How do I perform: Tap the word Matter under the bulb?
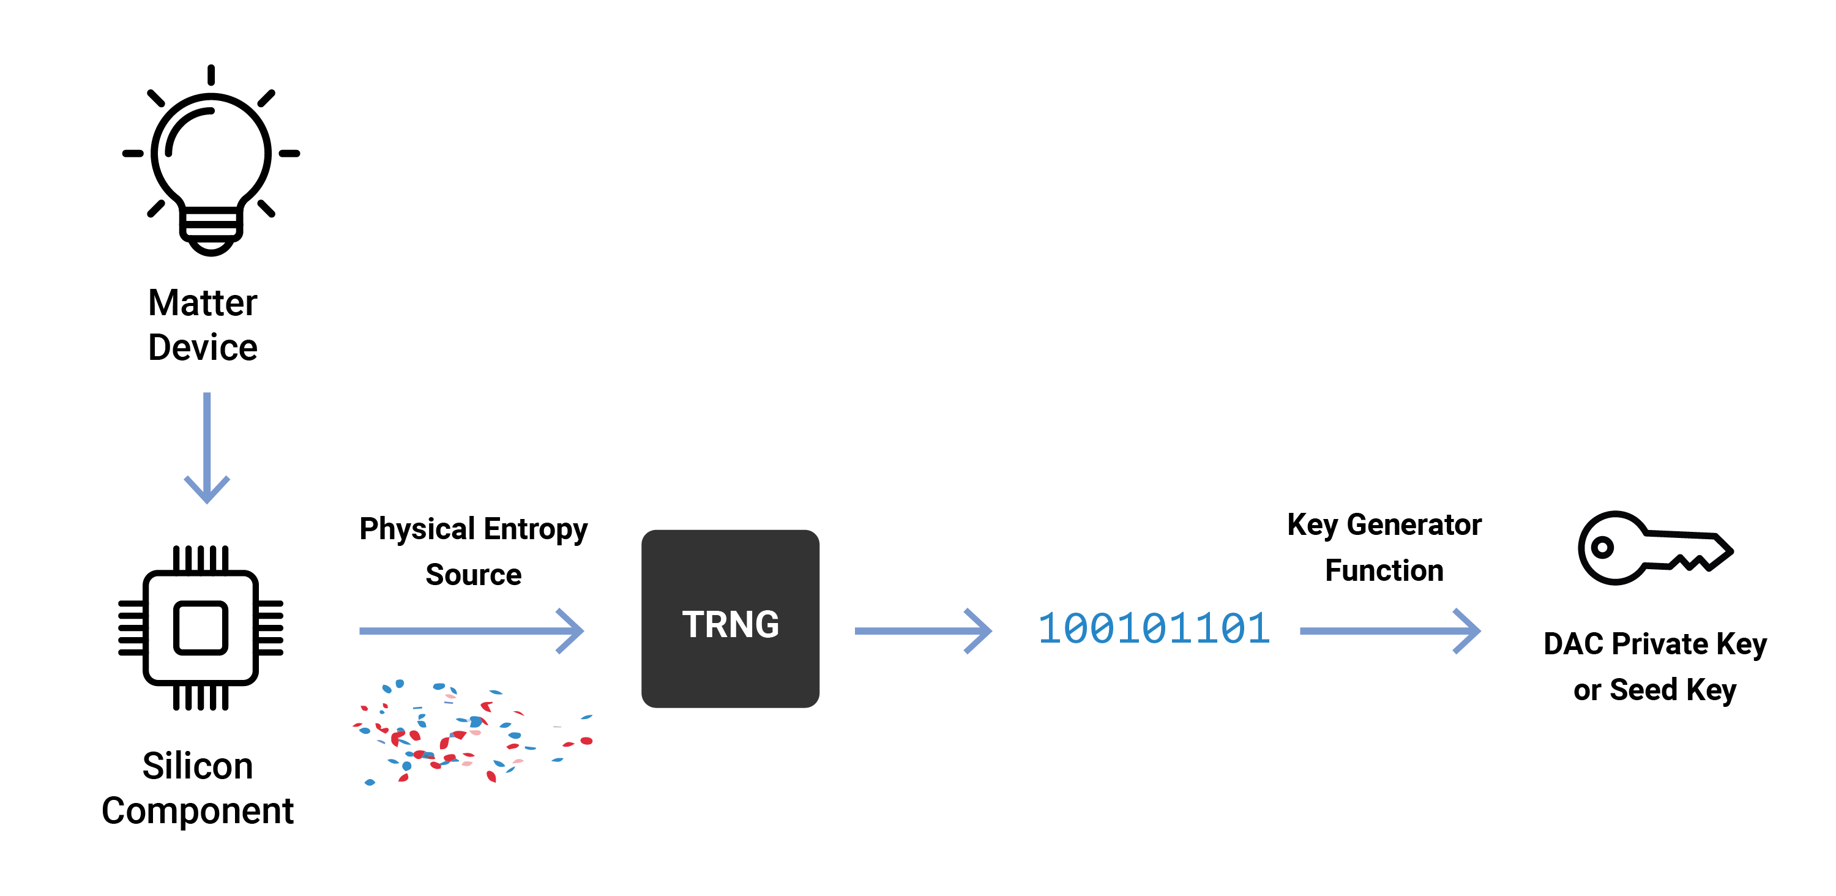pyautogui.click(x=203, y=303)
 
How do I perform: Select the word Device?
pyautogui.click(x=203, y=348)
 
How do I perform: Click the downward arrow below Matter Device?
pyautogui.click(x=207, y=447)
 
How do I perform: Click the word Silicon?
pyautogui.click(x=198, y=766)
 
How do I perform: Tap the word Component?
pyautogui.click(x=198, y=811)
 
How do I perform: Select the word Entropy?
pyautogui.click(x=535, y=529)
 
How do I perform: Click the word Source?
pyautogui.click(x=473, y=575)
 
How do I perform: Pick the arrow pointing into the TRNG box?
pyautogui.click(x=472, y=631)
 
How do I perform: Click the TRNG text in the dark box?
pyautogui.click(x=731, y=624)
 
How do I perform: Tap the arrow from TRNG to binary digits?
pyautogui.click(x=924, y=631)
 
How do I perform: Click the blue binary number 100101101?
pyautogui.click(x=1154, y=629)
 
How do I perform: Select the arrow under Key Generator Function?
pyautogui.click(x=1390, y=631)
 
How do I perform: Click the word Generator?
pyautogui.click(x=1414, y=525)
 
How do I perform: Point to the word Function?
pyautogui.click(x=1384, y=571)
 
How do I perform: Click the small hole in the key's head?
pyautogui.click(x=1602, y=547)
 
